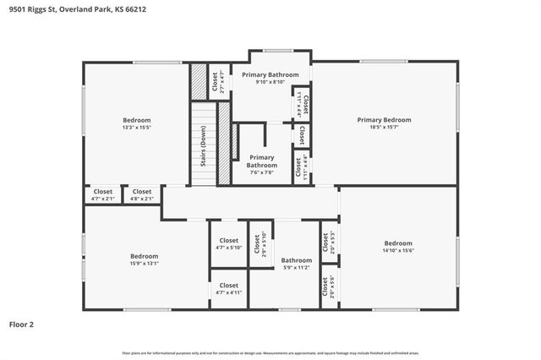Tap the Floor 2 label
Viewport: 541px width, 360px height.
coord(21,324)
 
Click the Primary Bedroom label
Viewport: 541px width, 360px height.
coord(384,120)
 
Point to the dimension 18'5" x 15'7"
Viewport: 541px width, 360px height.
coord(384,128)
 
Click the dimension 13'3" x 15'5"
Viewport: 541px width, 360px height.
coord(137,128)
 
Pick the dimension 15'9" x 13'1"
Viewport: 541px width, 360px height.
coord(145,263)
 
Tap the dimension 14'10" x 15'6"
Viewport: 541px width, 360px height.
coord(397,250)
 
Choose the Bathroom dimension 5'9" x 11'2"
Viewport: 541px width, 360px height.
coord(297,267)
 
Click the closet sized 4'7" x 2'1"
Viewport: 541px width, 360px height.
coord(103,195)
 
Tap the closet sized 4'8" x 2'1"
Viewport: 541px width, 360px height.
coord(142,195)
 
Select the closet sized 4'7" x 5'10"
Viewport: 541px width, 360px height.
coord(229,243)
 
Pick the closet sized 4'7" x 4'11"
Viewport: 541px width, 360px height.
coord(229,289)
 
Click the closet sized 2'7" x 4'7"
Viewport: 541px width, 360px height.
coord(218,81)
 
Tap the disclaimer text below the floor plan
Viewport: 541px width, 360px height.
coord(270,352)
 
